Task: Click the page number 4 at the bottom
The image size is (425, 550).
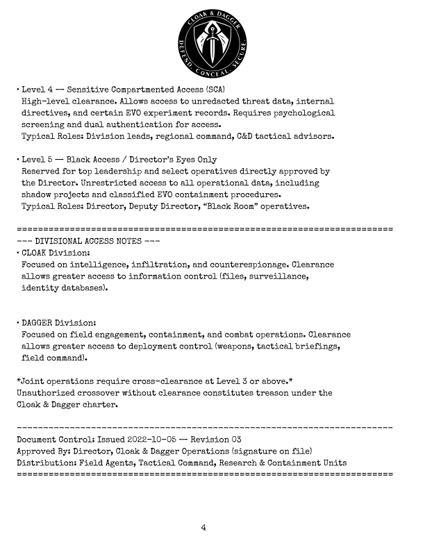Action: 203,528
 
